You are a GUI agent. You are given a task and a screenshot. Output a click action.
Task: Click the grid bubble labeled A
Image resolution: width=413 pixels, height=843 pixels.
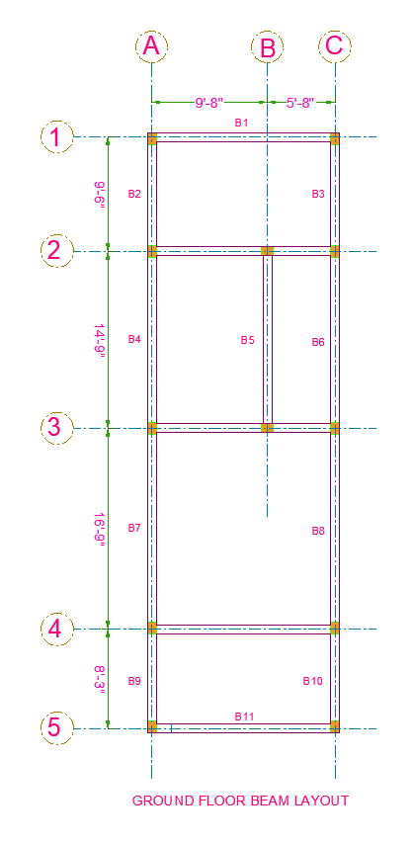(151, 46)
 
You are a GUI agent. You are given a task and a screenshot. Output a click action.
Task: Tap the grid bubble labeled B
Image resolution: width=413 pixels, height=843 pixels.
(268, 46)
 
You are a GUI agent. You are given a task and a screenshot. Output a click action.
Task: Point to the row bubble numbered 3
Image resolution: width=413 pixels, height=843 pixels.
(56, 428)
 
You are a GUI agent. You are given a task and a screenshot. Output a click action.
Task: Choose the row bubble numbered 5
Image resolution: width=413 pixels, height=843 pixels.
(56, 728)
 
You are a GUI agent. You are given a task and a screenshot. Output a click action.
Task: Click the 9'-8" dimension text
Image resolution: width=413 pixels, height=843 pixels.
(209, 103)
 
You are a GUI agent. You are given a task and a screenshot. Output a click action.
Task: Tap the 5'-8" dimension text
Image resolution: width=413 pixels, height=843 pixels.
(300, 103)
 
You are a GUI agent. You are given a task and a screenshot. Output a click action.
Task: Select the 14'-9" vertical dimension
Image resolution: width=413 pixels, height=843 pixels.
(100, 340)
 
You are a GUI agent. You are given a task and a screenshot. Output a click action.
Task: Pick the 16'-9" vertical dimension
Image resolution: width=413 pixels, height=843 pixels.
(100, 529)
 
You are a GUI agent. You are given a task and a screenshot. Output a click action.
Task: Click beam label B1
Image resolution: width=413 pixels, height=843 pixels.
(241, 123)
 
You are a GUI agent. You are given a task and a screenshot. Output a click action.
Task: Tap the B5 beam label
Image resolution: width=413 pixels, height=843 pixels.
(247, 340)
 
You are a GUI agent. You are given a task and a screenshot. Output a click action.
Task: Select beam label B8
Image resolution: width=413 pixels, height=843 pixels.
(318, 531)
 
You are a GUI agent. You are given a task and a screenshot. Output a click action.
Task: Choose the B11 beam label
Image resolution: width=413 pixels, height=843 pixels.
(244, 717)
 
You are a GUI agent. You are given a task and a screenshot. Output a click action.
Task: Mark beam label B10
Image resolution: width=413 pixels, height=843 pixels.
(312, 681)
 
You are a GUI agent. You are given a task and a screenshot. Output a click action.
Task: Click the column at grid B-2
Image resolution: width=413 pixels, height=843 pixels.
(268, 251)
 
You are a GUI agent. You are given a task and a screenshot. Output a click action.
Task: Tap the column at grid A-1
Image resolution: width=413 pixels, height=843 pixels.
(152, 139)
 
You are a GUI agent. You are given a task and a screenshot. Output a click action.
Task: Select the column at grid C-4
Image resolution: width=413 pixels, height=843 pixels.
(335, 628)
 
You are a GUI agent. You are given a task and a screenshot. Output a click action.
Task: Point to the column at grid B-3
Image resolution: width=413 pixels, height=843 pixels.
(268, 428)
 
